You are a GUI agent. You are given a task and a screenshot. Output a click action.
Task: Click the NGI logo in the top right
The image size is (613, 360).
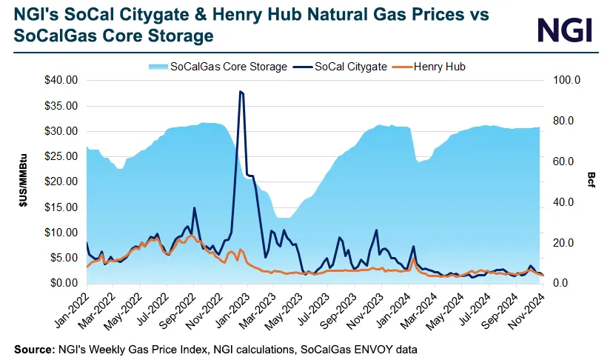tap(565, 30)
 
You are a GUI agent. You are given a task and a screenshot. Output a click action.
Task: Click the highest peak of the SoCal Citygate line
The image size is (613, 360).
tap(241, 92)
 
